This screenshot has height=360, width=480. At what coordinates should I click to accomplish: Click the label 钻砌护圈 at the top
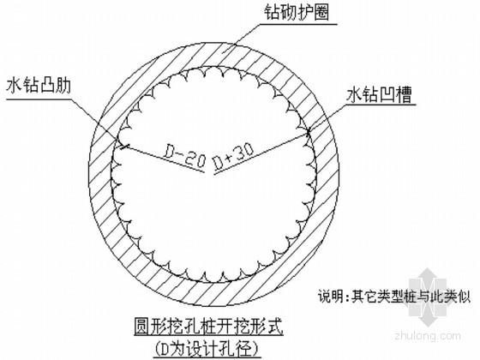pyautogui.click(x=297, y=13)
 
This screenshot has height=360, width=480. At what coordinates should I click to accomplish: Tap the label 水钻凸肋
pyautogui.click(x=39, y=86)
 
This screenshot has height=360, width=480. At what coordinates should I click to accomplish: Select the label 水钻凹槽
pyautogui.click(x=379, y=94)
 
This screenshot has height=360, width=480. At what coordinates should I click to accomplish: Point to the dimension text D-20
pyautogui.click(x=183, y=156)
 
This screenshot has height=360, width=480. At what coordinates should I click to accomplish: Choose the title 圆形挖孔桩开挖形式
pyautogui.click(x=209, y=327)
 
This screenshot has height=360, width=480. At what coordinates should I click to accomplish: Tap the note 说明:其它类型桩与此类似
pyautogui.click(x=394, y=297)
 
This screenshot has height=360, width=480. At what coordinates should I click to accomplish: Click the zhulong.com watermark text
pyautogui.click(x=428, y=335)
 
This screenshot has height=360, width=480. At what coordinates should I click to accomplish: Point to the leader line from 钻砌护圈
pyautogui.click(x=240, y=39)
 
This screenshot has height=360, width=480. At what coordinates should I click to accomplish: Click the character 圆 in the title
pyautogui.click(x=142, y=327)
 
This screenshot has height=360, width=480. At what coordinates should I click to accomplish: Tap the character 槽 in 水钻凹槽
pyautogui.click(x=404, y=94)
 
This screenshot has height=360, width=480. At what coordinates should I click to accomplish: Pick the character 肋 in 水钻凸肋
pyautogui.click(x=63, y=86)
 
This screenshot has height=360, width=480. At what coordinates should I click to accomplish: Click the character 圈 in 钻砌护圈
pyautogui.click(x=321, y=13)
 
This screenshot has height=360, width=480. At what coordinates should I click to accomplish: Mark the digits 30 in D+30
pyautogui.click(x=244, y=152)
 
